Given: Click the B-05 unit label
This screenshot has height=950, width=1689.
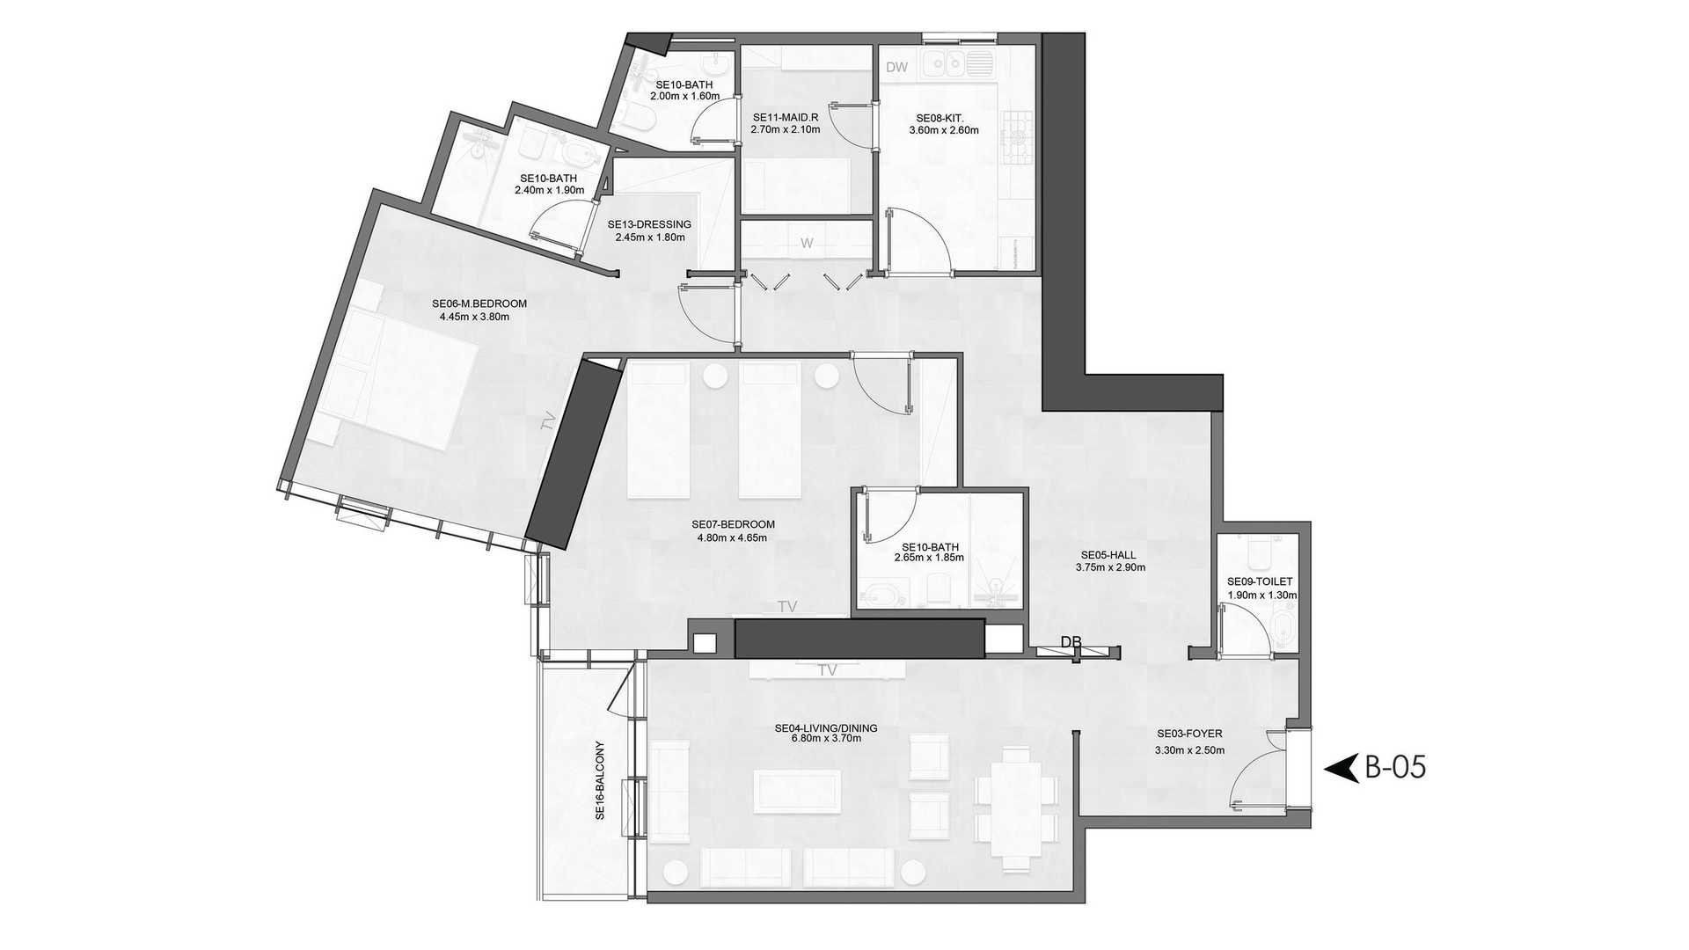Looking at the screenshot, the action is [x=1394, y=768].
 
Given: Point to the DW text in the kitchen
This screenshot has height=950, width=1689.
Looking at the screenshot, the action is [x=896, y=68].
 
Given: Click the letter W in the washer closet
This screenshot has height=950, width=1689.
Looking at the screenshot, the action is [x=807, y=244].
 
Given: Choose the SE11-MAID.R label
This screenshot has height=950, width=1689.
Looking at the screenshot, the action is [x=786, y=117].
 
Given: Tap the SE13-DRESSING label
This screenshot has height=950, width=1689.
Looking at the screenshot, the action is [x=649, y=224].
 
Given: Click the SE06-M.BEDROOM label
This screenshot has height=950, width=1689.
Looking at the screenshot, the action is [x=479, y=304].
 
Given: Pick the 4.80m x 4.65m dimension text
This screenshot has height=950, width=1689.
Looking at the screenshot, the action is [x=732, y=537].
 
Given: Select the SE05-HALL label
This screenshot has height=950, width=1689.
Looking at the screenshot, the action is [x=1108, y=555].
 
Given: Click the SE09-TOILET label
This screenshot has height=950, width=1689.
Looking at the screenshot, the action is [x=1260, y=581].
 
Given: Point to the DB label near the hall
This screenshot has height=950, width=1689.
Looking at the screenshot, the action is [x=1071, y=642].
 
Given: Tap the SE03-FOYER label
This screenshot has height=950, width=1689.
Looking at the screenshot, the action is [x=1189, y=734].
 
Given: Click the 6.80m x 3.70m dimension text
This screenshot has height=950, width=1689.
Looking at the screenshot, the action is [x=826, y=739].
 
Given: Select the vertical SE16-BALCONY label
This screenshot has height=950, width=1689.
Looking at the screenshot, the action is [x=600, y=779].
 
